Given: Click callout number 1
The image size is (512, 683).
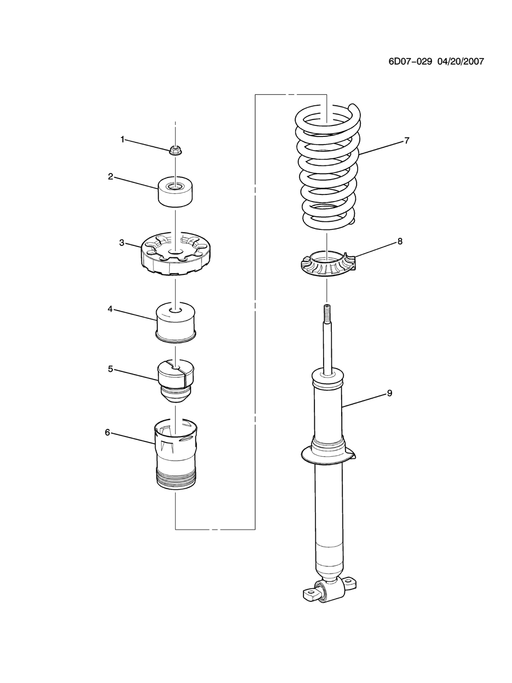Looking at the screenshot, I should pyautogui.click(x=123, y=139).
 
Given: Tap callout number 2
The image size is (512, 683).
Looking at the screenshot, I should pyautogui.click(x=110, y=176).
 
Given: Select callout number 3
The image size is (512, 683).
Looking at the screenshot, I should pyautogui.click(x=122, y=242).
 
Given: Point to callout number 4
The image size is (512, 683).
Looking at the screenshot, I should pyautogui.click(x=110, y=309).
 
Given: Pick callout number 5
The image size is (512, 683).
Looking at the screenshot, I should pyautogui.click(x=110, y=369).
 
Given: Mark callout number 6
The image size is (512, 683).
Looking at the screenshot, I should pyautogui.click(x=107, y=432).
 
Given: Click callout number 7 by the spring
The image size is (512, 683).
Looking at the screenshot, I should pyautogui.click(x=407, y=140).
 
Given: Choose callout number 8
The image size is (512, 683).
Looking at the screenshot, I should pyautogui.click(x=400, y=241).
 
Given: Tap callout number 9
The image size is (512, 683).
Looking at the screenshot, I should pyautogui.click(x=389, y=393).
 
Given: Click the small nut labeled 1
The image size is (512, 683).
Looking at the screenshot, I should pyautogui.click(x=175, y=149).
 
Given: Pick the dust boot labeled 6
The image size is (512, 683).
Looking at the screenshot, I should pyautogui.click(x=175, y=455).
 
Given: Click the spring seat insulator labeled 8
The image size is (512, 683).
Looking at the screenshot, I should pyautogui.click(x=327, y=266).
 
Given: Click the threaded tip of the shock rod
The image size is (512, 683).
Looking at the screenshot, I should pyautogui.click(x=327, y=312).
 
